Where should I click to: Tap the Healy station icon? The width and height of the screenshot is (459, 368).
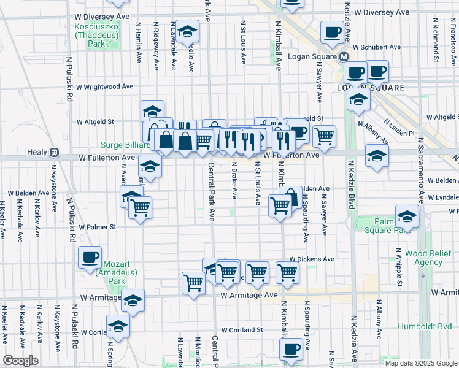coord(55,153)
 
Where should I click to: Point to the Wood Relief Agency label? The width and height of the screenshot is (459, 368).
coord(420,257)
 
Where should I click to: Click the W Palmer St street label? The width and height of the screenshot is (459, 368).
coord(97,227)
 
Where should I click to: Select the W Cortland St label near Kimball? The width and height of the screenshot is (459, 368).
coord(242,330)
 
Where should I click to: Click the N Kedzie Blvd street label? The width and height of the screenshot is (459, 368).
coord(352,184)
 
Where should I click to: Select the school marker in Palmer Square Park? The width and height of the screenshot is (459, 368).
coord(406,217)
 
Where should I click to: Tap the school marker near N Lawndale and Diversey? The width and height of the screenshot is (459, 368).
coord(187,31)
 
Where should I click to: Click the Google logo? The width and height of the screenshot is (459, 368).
coord(20,361)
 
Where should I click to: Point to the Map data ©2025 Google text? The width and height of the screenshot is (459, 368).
coord(420,363)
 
